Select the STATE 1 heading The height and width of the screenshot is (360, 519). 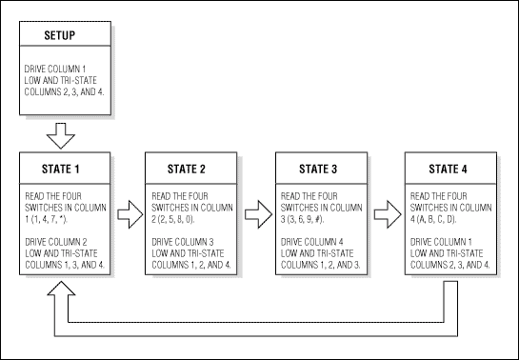click(x=65, y=170)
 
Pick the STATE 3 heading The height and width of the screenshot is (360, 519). click(x=318, y=170)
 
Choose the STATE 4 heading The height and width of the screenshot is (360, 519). click(x=448, y=170)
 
